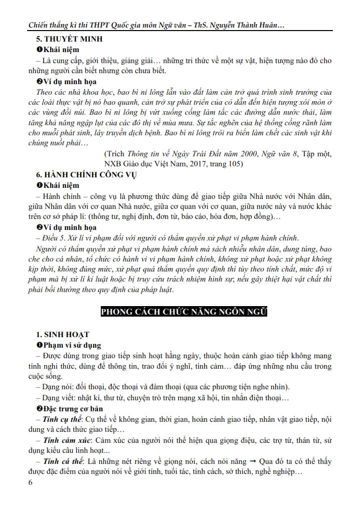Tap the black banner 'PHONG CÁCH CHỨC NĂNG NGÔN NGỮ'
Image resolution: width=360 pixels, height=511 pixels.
[x=184, y=312]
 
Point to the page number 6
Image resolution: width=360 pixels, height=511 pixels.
[x=31, y=482]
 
